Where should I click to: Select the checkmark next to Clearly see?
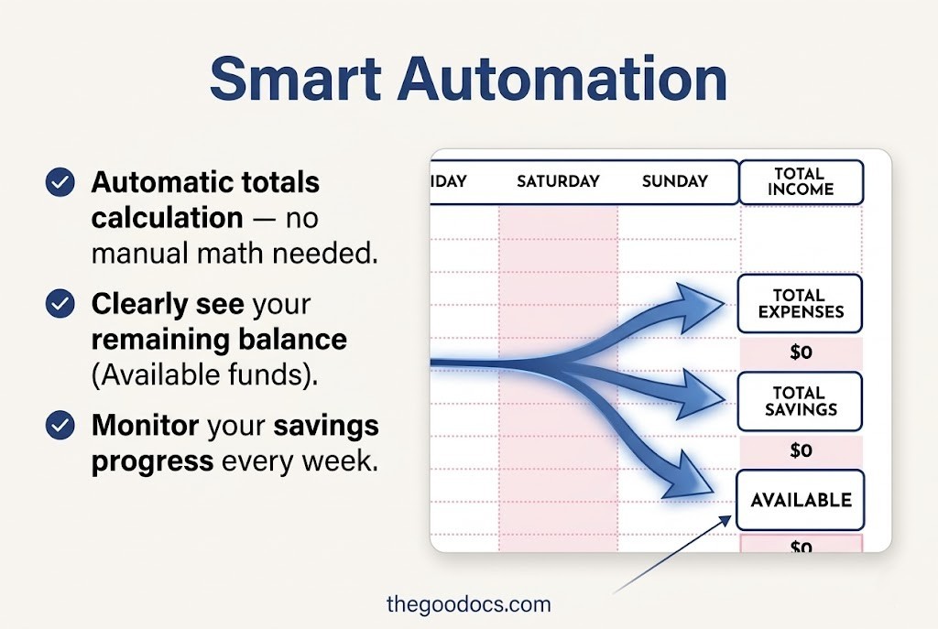tap(60, 303)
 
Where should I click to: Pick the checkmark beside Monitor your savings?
tap(60, 426)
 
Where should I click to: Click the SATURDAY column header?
tap(558, 181)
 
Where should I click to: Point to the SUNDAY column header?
tap(675, 181)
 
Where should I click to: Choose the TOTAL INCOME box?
tap(801, 181)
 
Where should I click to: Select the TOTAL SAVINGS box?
tap(800, 401)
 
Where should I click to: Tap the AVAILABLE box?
tap(801, 500)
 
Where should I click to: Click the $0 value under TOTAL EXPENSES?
tap(801, 352)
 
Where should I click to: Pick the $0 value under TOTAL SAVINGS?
tap(801, 450)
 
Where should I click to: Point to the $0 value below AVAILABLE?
tap(801, 547)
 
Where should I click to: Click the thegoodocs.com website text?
tap(469, 604)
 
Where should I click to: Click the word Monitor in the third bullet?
tap(146, 426)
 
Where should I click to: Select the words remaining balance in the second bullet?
tap(219, 340)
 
